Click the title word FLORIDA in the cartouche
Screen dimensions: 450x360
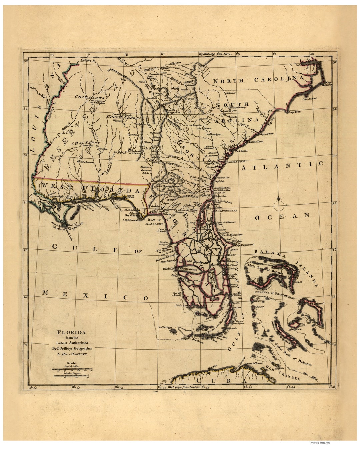coord(72,332)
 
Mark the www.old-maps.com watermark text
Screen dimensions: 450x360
coord(320,443)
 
